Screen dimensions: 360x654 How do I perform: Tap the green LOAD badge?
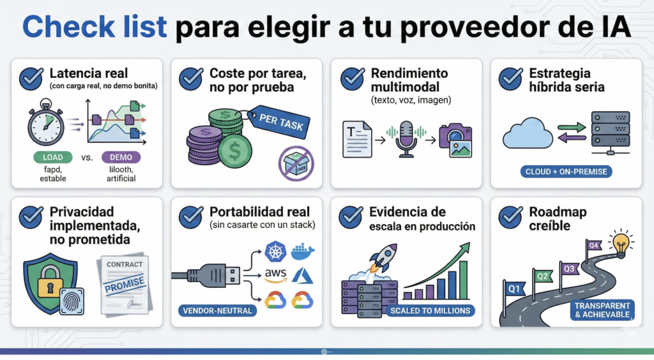(x=52, y=157)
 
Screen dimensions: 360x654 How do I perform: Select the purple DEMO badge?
(x=121, y=157)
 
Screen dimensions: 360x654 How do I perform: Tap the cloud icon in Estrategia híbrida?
(x=528, y=133)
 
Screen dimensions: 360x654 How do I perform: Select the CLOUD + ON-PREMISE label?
(x=565, y=172)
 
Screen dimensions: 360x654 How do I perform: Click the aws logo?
(x=275, y=275)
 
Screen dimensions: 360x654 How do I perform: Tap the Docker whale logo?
(x=303, y=251)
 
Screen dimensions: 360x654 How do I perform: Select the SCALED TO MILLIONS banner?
(x=430, y=311)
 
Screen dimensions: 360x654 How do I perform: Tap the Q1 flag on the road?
(x=513, y=288)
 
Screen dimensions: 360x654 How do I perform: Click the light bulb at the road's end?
(x=620, y=242)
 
